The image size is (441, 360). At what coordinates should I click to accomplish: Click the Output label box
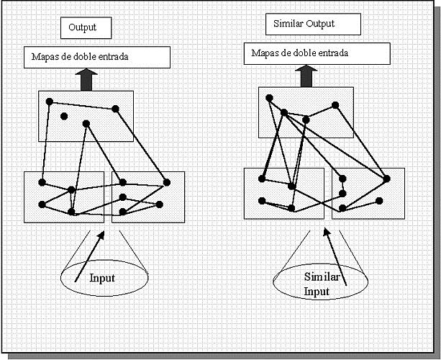87,28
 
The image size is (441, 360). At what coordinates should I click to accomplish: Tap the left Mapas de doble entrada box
97,57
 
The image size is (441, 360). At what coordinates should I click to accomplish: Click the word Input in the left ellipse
102,277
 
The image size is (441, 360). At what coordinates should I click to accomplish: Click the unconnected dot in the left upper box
64,116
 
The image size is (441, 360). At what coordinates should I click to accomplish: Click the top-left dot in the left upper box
49,101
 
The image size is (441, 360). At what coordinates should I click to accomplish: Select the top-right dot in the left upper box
115,109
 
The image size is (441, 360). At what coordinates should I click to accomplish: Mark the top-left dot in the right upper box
268,97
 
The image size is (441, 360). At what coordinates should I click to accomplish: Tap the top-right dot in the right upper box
335,105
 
